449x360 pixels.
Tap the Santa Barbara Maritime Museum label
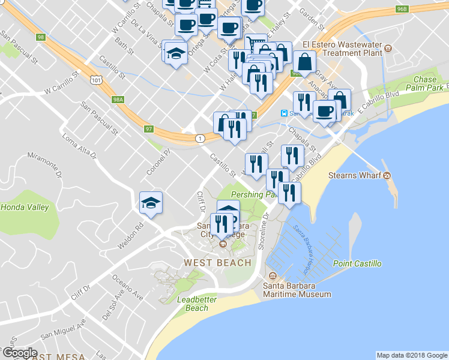pyautogui.click(x=297, y=290)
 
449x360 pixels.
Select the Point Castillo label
pyautogui.click(x=357, y=264)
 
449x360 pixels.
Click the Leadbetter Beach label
pyautogui.click(x=193, y=304)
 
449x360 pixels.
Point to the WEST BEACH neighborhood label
pyautogui.click(x=217, y=263)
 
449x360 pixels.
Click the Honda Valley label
pyautogui.click(x=25, y=207)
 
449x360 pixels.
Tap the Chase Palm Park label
pyautogui.click(x=425, y=83)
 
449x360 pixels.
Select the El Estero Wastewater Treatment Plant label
pyautogui.click(x=343, y=48)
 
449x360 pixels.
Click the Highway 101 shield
pyautogui.click(x=96, y=79)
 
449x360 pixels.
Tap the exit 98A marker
pyautogui.click(x=118, y=100)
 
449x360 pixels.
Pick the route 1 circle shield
pyautogui.click(x=200, y=139)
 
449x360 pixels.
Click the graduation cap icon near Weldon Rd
pyautogui.click(x=151, y=202)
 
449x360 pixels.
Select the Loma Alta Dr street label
pyautogui.click(x=79, y=148)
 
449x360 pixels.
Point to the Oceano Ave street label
pyautogui.click(x=129, y=287)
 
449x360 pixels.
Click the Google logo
pyautogui.click(x=19, y=353)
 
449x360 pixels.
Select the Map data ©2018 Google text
pyautogui.click(x=412, y=355)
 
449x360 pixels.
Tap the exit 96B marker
pyautogui.click(x=402, y=9)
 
